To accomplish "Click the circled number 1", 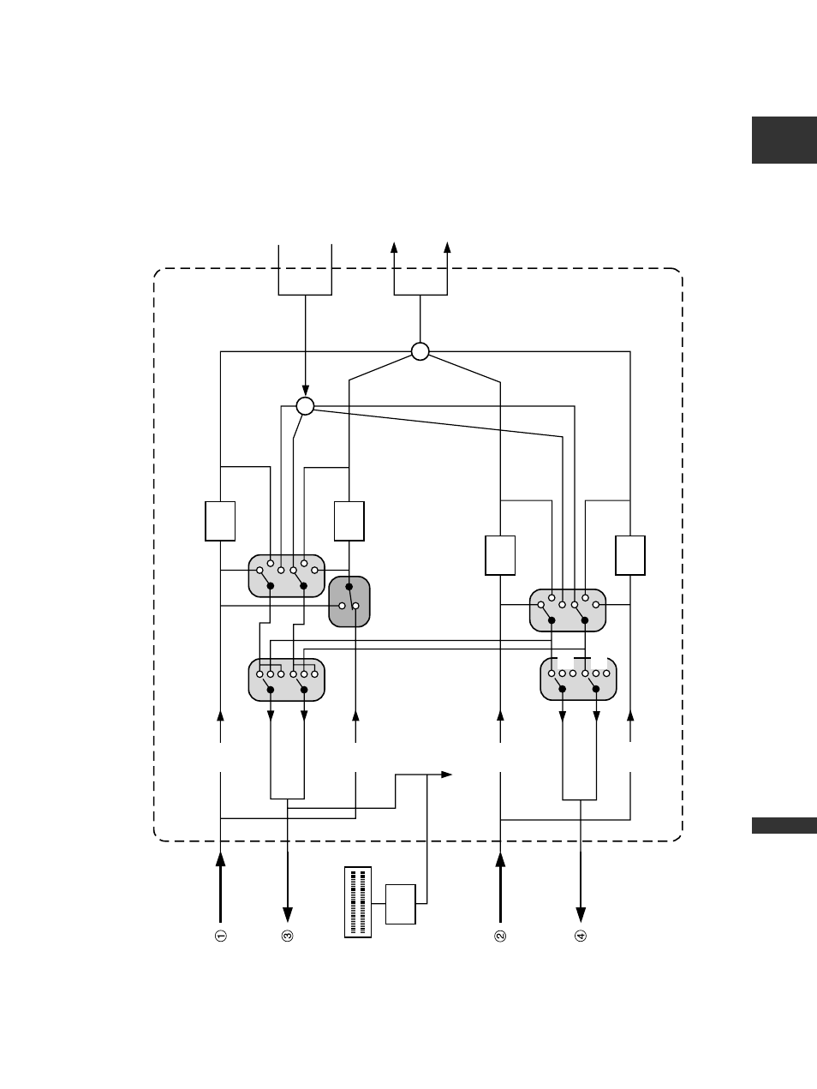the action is (221, 936).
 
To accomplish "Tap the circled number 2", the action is (500, 936).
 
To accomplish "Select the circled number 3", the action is (288, 936).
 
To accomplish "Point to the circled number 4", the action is (581, 936).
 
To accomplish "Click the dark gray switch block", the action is (349, 601).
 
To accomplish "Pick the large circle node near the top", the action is (420, 351).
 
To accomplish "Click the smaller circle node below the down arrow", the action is (305, 406).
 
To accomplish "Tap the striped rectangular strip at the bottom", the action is (358, 902).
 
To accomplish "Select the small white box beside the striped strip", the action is (401, 904).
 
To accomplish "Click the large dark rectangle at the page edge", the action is (784, 140).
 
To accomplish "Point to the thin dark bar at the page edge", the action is (784, 826).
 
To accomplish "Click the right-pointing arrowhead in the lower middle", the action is (446, 774).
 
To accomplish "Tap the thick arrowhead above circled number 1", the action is (221, 859).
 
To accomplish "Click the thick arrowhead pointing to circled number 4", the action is (581, 915).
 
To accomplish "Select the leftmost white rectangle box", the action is (220, 521).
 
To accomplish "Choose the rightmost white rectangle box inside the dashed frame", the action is (630, 555).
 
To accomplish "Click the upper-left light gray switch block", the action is (287, 576).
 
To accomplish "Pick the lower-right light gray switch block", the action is (578, 679).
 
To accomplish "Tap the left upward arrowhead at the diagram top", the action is (394, 247).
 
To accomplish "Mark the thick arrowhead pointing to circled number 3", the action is (288, 915).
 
